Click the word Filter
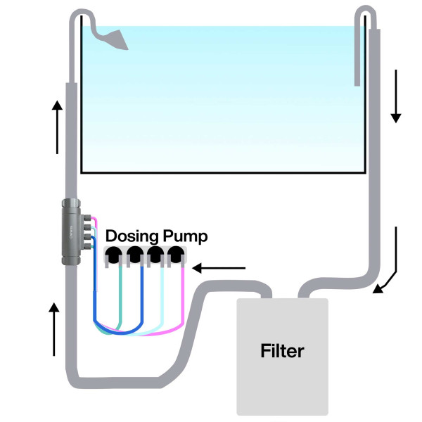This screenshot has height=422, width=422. pos(282,350)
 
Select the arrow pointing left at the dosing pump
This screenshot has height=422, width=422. pos(221,267)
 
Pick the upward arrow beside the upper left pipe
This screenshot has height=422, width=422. pos(57,127)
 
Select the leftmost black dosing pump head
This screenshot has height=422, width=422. pos(113,255)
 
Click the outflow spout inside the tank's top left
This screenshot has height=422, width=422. pos(113,39)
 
